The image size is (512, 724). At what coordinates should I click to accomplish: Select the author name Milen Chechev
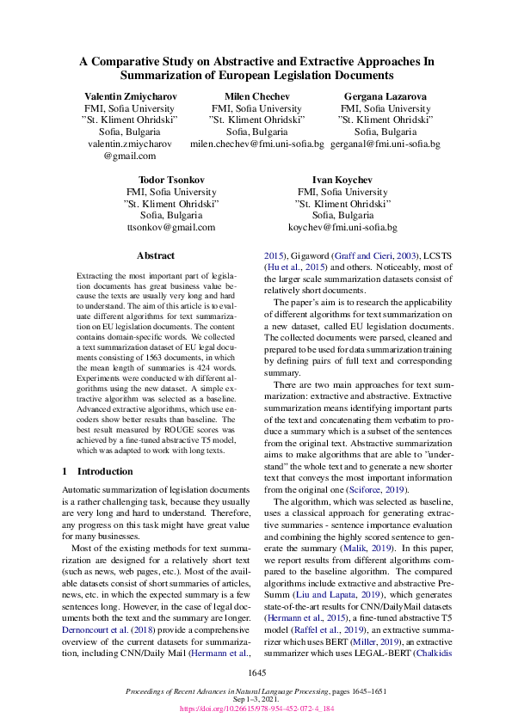point(256,96)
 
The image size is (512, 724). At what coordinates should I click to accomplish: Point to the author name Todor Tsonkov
point(170,180)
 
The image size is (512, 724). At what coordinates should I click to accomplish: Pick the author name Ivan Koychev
point(342,180)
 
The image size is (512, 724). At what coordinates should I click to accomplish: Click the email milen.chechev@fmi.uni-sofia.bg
point(256,144)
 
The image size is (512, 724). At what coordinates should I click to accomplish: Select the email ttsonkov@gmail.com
point(170,228)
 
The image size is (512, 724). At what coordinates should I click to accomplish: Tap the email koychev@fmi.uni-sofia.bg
point(342,228)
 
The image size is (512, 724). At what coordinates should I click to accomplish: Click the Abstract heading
point(156,255)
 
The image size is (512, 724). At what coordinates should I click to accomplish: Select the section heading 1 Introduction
point(101,471)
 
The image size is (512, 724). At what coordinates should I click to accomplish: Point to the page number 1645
point(256,671)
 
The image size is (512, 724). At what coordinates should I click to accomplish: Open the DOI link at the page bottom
point(256,709)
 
